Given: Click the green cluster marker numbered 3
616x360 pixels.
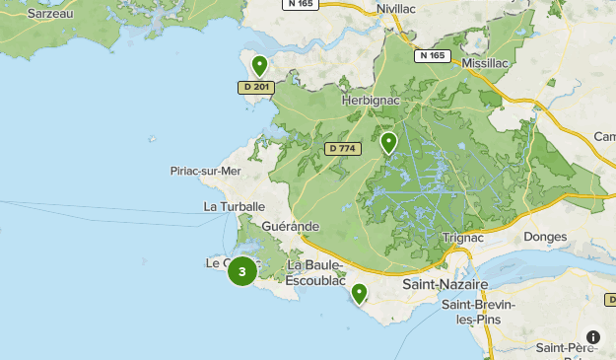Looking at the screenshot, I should coord(242,270).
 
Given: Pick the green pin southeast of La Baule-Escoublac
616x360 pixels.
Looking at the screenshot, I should coord(359,294).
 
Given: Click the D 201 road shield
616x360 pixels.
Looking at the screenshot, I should coord(254,88).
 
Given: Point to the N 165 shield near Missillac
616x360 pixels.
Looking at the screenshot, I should coord(431,56).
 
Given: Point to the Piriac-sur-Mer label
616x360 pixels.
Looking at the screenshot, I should coord(205,171).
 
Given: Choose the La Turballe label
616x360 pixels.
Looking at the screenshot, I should coord(235,206).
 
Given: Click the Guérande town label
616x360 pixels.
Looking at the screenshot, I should coord(291,226).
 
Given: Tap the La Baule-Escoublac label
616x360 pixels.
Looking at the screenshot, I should coord(314,272).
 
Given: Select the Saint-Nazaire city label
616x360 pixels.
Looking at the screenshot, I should coord(445,284).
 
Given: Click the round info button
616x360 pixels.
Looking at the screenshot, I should coord(593,337).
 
